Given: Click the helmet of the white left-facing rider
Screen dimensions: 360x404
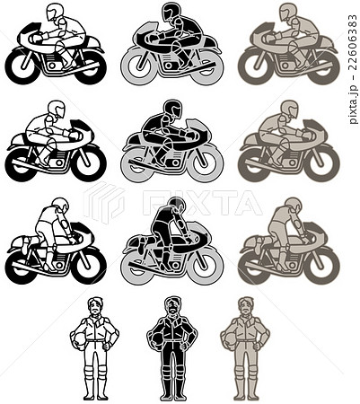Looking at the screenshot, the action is tap(55, 12).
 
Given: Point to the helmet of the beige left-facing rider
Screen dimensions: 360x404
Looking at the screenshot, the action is tap(288, 12).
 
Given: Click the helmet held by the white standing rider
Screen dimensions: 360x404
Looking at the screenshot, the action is tap(78, 341).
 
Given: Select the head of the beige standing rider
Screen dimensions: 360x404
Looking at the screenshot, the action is tap(245, 306).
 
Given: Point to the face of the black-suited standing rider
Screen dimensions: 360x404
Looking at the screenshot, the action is tap(171, 308).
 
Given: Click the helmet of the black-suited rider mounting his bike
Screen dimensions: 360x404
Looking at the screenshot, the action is tap(177, 206).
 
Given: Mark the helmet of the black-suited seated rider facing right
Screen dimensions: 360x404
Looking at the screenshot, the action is tap(173, 110).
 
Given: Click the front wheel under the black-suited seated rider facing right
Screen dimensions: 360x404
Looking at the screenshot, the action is tap(206, 163).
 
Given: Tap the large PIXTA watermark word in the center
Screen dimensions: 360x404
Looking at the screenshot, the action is tap(203, 203).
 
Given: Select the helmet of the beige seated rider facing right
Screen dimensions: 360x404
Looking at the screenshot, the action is tap(289, 110).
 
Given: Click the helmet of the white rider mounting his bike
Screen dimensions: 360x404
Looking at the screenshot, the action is tap(60, 206).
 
